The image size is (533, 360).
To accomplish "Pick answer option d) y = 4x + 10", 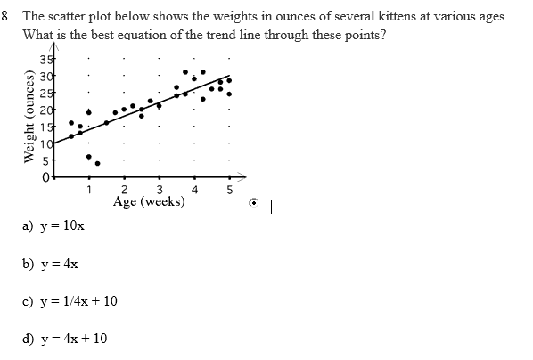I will pos(64,339).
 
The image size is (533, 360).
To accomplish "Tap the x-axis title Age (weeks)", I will pos(149,201).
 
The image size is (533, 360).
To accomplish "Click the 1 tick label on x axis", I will pos(88,189).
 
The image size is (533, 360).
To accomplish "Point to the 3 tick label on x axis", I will pos(159,189).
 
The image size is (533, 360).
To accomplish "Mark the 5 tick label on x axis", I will pos(229,189).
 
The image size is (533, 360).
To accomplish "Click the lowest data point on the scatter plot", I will pos(97,163).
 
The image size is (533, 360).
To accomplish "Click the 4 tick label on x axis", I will pos(194,189).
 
